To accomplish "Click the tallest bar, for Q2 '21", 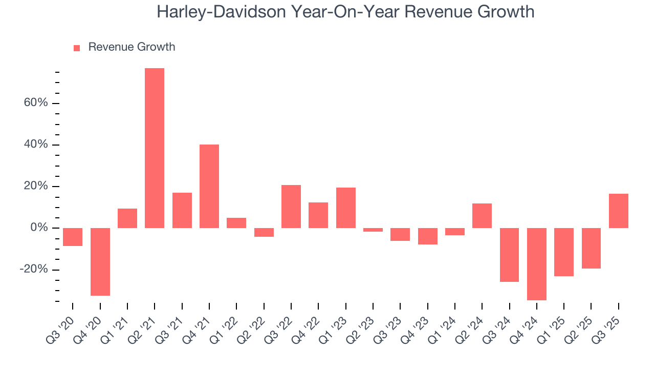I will (x=155, y=148).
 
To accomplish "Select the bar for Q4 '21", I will (x=209, y=186).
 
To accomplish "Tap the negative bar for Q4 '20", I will (x=100, y=261).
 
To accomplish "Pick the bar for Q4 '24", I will (x=537, y=264).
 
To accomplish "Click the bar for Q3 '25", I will (x=618, y=211).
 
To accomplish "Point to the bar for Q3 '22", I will (x=291, y=207).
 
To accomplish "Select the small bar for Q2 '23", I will (x=373, y=230).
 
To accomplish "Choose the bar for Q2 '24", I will (x=482, y=216).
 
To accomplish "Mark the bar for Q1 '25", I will (x=564, y=252).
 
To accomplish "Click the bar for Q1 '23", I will (x=346, y=208).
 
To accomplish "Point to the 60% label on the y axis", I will (x=35, y=103).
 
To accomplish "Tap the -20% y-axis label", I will (x=34, y=270).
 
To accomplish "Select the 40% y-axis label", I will (x=35, y=145).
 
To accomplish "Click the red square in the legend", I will (x=77, y=48).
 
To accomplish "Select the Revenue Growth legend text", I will (x=132, y=47).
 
